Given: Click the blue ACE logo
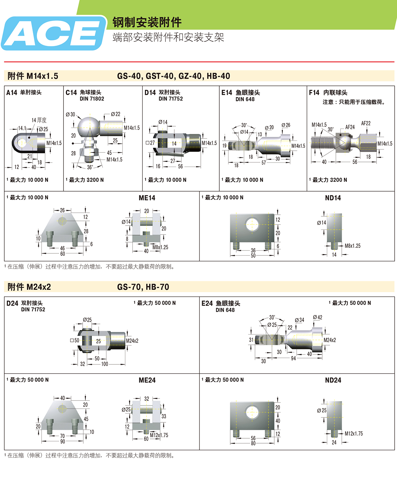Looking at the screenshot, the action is (x=54, y=33).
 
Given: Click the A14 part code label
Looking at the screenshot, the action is (x=12, y=93).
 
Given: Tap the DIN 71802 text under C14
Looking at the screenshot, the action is (x=92, y=99).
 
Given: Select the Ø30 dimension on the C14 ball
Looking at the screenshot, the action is (x=70, y=115).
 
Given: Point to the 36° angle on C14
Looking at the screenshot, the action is (x=90, y=167).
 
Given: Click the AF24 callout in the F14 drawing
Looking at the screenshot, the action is (x=350, y=127).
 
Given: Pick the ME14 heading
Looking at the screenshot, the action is (x=147, y=198).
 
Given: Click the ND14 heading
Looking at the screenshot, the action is (x=333, y=198).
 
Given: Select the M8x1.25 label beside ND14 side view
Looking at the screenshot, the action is (x=353, y=246).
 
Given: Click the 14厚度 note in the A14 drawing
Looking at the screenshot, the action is (x=39, y=120).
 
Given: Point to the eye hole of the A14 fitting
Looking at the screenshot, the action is (x=22, y=143).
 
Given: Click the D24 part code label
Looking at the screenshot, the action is (x=12, y=303).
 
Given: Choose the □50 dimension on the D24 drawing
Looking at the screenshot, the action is (x=75, y=341).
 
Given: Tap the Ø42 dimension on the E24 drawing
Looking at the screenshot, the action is (x=318, y=317).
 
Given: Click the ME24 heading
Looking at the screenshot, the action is (x=147, y=380).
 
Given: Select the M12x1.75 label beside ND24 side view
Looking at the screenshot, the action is (x=354, y=434).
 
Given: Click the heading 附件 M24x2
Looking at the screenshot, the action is (x=29, y=287).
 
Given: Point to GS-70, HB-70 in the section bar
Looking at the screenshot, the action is (x=143, y=287).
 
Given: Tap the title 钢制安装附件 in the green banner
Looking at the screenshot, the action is (x=147, y=23).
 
